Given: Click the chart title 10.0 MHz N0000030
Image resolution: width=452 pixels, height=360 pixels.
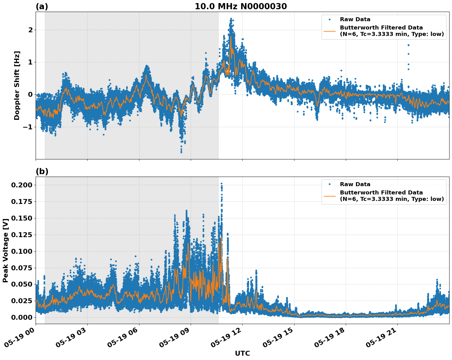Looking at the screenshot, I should [241, 6].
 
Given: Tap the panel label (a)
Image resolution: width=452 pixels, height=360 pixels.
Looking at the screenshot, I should [42, 6].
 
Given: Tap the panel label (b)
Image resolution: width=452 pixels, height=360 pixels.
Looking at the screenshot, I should [42, 171].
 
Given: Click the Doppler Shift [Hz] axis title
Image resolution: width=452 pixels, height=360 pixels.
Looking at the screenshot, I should [17, 85].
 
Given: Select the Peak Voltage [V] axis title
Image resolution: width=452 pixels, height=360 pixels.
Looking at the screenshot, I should [5, 250].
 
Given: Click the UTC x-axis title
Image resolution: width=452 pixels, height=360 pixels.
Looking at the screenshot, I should [242, 353].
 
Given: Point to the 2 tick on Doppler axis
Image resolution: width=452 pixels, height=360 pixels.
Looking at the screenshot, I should [30, 30].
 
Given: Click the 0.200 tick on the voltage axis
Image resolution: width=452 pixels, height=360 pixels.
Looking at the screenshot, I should [22, 185].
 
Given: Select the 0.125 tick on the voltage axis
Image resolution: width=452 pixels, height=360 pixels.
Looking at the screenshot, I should [22, 235].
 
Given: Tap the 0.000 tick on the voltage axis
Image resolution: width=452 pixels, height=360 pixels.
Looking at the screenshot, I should [22, 317].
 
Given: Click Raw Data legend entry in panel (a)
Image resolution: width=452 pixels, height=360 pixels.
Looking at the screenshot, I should [355, 19].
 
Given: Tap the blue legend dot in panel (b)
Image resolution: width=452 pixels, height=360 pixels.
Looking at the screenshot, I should [329, 184].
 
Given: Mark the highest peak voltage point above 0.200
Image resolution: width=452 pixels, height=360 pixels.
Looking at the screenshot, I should [221, 184].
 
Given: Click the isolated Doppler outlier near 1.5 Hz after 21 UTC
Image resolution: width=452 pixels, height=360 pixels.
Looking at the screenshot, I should [408, 45].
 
